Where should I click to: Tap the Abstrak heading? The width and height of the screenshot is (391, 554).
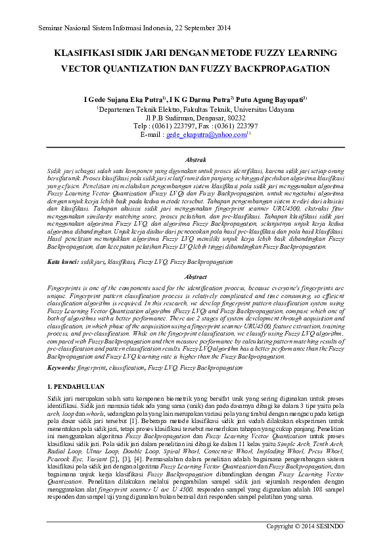point(196,160)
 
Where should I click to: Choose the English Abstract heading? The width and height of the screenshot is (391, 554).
point(196,278)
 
